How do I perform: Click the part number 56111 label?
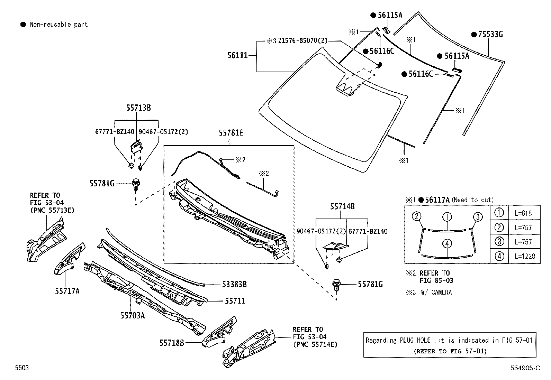tap(237, 55)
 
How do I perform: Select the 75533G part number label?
tap(490, 34)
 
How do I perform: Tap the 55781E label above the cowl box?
tap(231, 133)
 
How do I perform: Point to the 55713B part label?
tap(138, 108)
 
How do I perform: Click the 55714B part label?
tap(342, 206)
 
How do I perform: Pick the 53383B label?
tap(234, 285)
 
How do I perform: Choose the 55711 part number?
tap(235, 301)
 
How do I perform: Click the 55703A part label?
tap(132, 315)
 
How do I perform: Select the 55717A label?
tap(67, 291)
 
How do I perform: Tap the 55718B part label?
tap(172, 343)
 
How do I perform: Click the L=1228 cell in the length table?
tap(525, 256)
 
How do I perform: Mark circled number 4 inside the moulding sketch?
tap(447, 244)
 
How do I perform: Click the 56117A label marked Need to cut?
tap(437, 200)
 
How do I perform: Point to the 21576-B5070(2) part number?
tap(302, 41)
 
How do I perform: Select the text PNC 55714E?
tap(315, 344)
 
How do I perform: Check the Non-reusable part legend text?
tap(58, 25)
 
